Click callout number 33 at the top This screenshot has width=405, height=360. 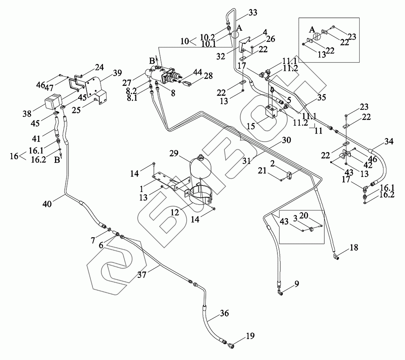pos(253,13)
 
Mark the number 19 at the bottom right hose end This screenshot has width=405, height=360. pos(251,336)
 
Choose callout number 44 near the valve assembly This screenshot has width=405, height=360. pos(197,72)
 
